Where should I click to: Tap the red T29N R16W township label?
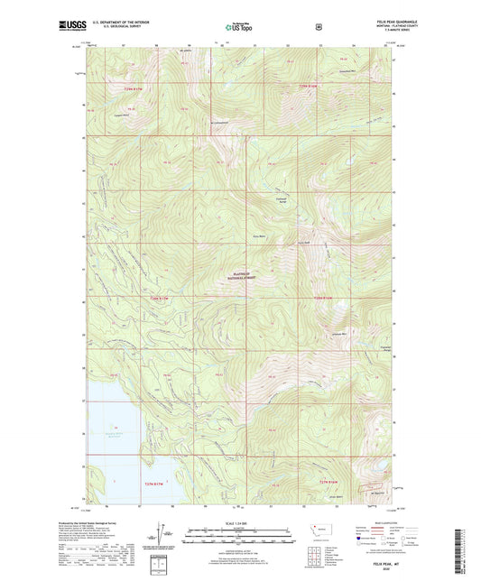(310, 86)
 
